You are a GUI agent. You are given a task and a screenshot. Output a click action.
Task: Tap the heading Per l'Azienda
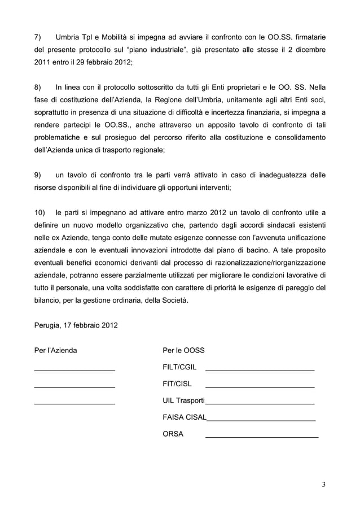click(56, 350)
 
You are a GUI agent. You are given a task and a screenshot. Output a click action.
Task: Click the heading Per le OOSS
click(183, 350)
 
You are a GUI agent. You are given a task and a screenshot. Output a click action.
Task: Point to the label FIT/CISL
click(177, 384)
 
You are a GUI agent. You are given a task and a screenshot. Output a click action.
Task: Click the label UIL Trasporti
click(183, 400)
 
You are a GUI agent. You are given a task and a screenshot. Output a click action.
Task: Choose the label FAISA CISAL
click(185, 417)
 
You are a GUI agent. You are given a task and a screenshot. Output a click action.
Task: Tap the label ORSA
click(173, 434)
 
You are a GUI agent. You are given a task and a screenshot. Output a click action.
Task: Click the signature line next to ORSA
click(261, 437)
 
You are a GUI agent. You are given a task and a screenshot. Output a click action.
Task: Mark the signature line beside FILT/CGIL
click(260, 370)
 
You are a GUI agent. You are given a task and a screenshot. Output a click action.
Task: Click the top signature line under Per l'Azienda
click(74, 370)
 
